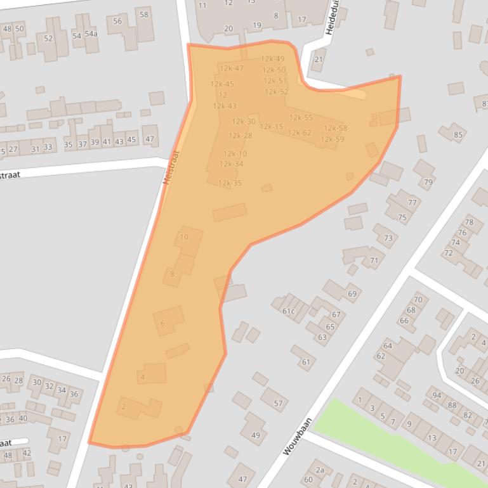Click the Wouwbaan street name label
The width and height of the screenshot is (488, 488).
[x=298, y=435]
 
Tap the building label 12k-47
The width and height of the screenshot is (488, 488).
[x=231, y=68]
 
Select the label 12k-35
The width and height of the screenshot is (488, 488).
[x=230, y=183]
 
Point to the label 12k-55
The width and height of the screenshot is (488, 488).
[x=301, y=117]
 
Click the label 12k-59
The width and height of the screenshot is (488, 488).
[x=332, y=139]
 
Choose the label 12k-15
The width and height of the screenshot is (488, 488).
[x=271, y=127]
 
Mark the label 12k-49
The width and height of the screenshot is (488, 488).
[x=272, y=59]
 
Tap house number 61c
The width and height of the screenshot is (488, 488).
[x=288, y=311]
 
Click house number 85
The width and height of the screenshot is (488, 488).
[x=458, y=134]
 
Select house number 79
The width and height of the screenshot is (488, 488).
[x=428, y=183]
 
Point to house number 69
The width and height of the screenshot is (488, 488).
[x=352, y=293]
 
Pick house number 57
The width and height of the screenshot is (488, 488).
[x=278, y=403]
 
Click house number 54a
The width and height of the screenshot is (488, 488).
[x=91, y=34]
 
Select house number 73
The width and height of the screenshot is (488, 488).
[x=388, y=238]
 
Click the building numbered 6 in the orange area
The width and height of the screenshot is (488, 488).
[x=162, y=323]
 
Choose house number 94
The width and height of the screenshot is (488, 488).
[x=437, y=395]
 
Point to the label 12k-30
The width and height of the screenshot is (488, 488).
[x=243, y=122]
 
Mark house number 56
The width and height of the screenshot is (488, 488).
[x=117, y=22]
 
